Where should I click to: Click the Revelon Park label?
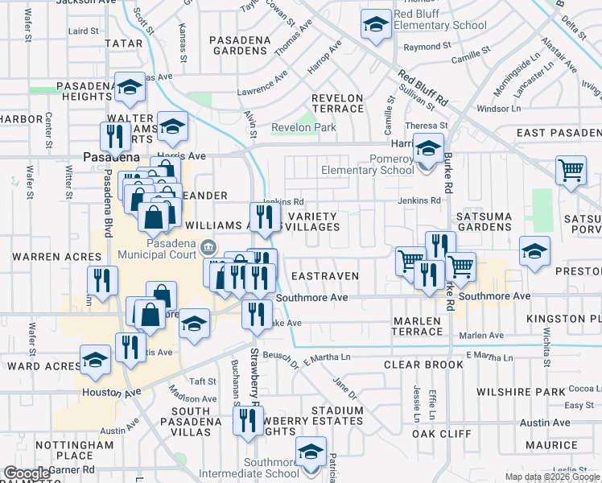[x=303, y=127]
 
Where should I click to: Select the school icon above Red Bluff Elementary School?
[x=376, y=25]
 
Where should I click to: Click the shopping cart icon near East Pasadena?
[x=571, y=171]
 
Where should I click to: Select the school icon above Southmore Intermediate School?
[x=311, y=452]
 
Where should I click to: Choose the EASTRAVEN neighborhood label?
[x=324, y=276]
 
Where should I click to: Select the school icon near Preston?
[x=534, y=251]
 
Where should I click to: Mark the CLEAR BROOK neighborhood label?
[x=412, y=365]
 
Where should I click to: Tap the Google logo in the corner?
[x=26, y=473]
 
